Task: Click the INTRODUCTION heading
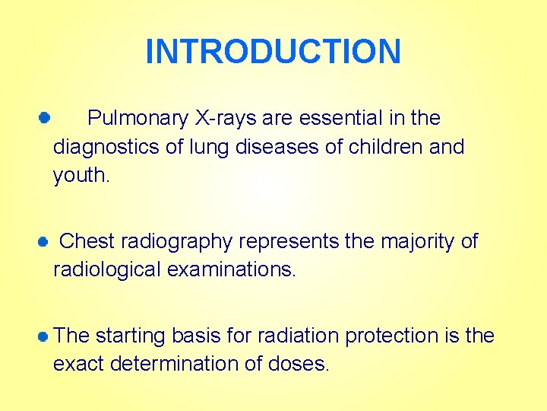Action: tap(273, 52)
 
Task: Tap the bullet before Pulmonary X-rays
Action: tap(45, 118)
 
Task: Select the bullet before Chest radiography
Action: tap(43, 241)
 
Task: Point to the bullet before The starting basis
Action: tap(45, 336)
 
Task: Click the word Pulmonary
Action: tap(138, 119)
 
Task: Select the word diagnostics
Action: tap(103, 147)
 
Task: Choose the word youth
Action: tap(81, 176)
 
